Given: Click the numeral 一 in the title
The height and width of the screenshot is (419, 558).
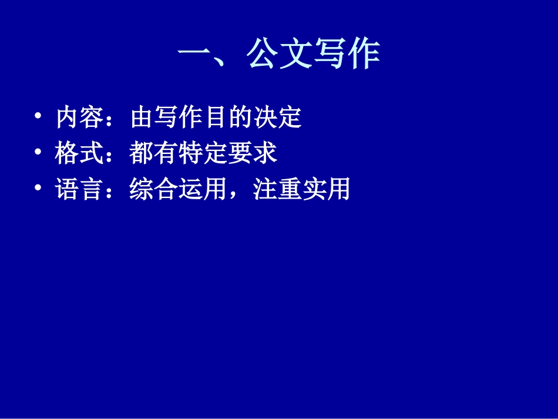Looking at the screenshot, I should (194, 56).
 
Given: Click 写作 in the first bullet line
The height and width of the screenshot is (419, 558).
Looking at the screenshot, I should (179, 118).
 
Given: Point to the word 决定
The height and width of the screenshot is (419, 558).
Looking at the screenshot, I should (277, 118).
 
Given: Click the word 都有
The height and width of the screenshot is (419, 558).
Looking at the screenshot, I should (154, 154).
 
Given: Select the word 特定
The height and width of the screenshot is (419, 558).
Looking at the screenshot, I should (203, 154).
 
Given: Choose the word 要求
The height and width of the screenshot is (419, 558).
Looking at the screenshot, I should (253, 154).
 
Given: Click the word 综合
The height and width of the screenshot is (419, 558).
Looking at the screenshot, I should (154, 190).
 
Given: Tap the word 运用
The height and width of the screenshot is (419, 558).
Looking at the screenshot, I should (203, 190).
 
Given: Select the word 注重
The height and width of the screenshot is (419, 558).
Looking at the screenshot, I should (277, 190).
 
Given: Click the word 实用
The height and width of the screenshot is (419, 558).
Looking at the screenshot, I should (327, 190).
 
